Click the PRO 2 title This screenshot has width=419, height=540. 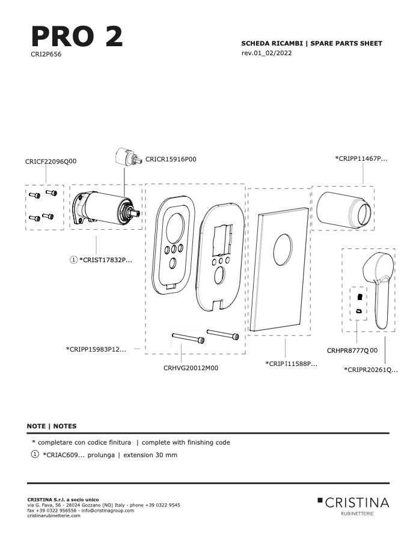[77, 37]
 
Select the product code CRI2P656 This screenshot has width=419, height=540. [46, 54]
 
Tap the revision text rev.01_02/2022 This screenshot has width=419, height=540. [266, 53]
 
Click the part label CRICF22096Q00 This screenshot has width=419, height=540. [50, 161]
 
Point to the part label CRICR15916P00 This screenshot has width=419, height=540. [171, 159]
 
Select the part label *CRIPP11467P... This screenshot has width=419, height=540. [361, 158]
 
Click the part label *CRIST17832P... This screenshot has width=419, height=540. [106, 260]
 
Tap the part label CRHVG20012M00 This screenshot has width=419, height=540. [191, 368]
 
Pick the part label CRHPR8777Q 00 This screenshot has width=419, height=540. [352, 350]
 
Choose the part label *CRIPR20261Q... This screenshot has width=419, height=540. [371, 370]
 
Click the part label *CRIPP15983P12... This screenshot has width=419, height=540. [96, 349]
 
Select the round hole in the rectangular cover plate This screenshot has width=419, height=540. [283, 250]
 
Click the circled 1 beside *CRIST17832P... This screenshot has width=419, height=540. [73, 260]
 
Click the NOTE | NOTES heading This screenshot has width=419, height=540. [52, 426]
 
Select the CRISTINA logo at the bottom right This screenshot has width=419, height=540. [353, 506]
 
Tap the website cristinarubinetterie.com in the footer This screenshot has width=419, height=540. [54, 515]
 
